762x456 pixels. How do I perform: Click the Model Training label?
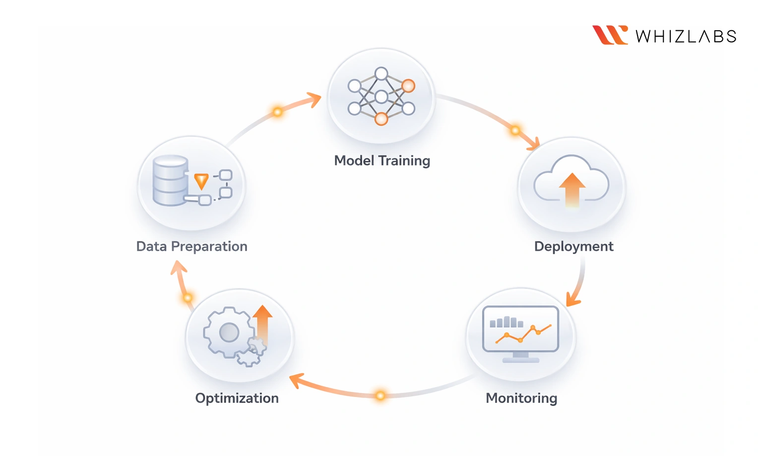tap(382, 161)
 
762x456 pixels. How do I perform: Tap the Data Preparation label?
tap(191, 247)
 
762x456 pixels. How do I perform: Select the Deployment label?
tap(573, 247)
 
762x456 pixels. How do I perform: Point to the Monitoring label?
tap(521, 398)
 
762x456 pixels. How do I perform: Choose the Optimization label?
tap(237, 398)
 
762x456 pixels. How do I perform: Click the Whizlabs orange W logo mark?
tap(610, 35)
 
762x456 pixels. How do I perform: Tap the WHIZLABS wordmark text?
tap(686, 36)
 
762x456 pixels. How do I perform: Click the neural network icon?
tap(381, 96)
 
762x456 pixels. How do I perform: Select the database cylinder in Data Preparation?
tap(171, 181)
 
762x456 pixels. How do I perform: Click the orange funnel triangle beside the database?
tap(201, 181)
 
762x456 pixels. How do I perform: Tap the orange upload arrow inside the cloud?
tap(572, 189)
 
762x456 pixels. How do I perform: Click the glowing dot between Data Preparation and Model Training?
tap(278, 112)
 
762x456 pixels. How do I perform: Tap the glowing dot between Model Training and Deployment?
tap(515, 130)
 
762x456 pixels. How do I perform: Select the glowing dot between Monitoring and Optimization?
tap(380, 395)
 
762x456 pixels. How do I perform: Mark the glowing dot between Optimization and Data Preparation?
tap(188, 298)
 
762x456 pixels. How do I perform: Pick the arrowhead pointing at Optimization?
tap(296, 380)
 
